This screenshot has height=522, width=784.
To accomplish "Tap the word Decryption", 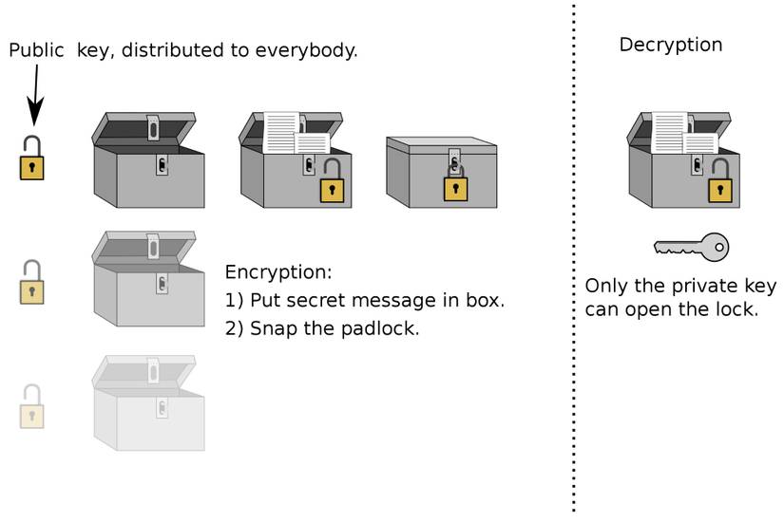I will point(670,45).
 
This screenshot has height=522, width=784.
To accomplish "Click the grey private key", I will point(691,248).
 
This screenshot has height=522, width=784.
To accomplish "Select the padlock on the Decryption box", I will point(719,185).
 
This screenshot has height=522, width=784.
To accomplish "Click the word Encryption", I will point(277,273).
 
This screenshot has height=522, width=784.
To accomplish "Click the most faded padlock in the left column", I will point(32,409).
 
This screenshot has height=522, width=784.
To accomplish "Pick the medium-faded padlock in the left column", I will point(32,285).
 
